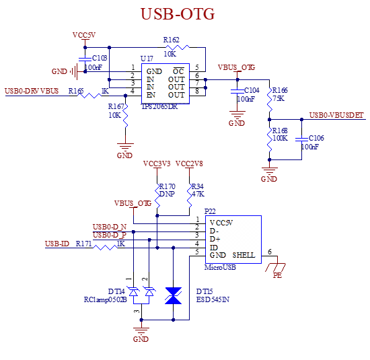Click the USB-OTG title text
click(x=178, y=14)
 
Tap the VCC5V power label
click(x=85, y=35)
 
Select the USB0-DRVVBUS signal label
click(x=32, y=91)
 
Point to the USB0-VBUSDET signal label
click(x=337, y=116)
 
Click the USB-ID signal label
click(x=58, y=244)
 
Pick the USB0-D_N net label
click(x=110, y=227)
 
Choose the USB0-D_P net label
click(x=110, y=236)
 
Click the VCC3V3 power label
click(x=157, y=164)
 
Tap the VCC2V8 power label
click(x=190, y=164)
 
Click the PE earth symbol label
click(x=277, y=275)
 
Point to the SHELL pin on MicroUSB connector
click(x=243, y=256)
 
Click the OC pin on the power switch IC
click(x=178, y=71)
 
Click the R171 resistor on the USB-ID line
click(x=106, y=248)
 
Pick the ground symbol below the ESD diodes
click(x=141, y=328)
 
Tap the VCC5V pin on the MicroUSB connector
click(x=221, y=222)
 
